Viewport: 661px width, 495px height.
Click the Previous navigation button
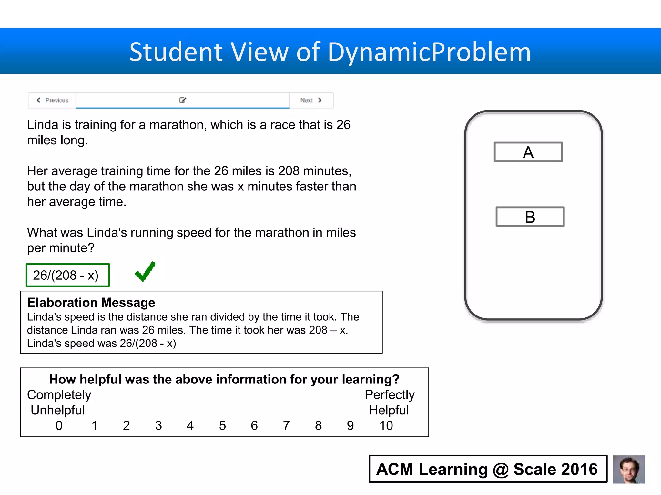[53, 100]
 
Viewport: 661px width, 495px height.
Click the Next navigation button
[311, 100]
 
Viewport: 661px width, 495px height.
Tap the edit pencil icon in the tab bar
[183, 100]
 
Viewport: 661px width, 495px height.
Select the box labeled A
[528, 152]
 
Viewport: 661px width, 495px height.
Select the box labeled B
[530, 217]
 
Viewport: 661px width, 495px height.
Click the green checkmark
[145, 272]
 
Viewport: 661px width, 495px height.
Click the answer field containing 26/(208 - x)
[68, 275]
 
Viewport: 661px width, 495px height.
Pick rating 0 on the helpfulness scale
[59, 425]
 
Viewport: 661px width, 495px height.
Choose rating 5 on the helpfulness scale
[222, 425]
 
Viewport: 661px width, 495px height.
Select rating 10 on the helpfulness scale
[386, 425]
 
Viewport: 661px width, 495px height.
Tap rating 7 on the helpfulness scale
[286, 425]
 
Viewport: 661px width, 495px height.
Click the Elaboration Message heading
[91, 303]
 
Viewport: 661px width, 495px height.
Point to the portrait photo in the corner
[628, 469]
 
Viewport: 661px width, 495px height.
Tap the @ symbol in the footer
[501, 470]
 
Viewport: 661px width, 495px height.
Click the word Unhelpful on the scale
[57, 410]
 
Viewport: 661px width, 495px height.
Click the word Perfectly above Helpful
[390, 395]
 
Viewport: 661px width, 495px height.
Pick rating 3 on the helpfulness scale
[158, 425]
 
